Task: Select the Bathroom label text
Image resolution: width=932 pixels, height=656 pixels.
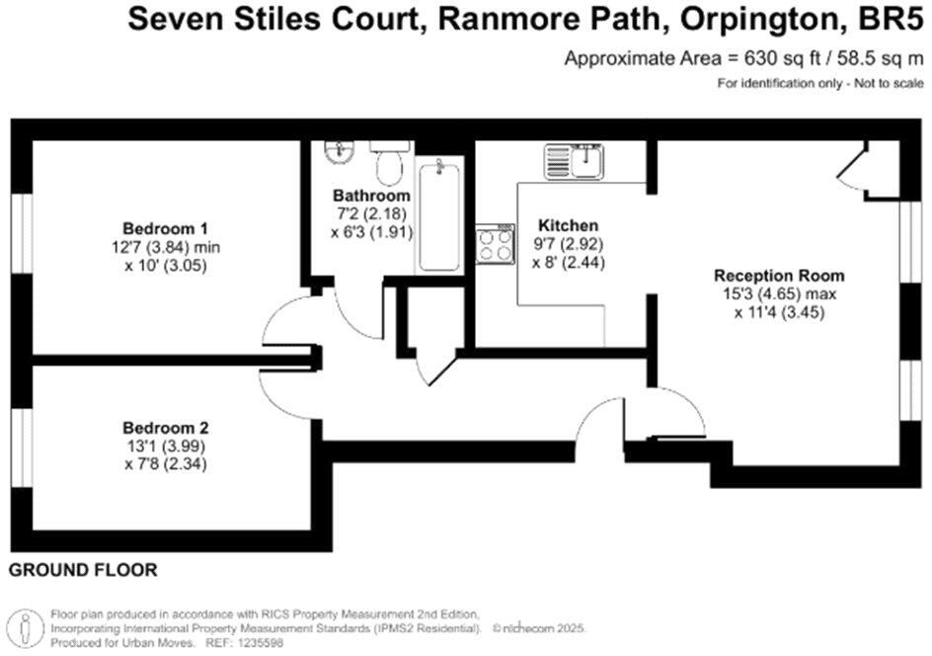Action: [371, 195]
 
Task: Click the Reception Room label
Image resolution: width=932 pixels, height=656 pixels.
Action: [779, 276]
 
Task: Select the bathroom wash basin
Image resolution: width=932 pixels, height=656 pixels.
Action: [341, 151]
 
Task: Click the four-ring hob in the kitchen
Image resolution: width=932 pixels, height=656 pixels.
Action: [495, 244]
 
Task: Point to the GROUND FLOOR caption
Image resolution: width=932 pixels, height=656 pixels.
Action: [83, 571]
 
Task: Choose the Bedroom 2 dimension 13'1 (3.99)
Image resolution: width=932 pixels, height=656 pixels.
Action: [165, 446]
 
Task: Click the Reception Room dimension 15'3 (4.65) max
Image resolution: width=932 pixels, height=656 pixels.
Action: [779, 293]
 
